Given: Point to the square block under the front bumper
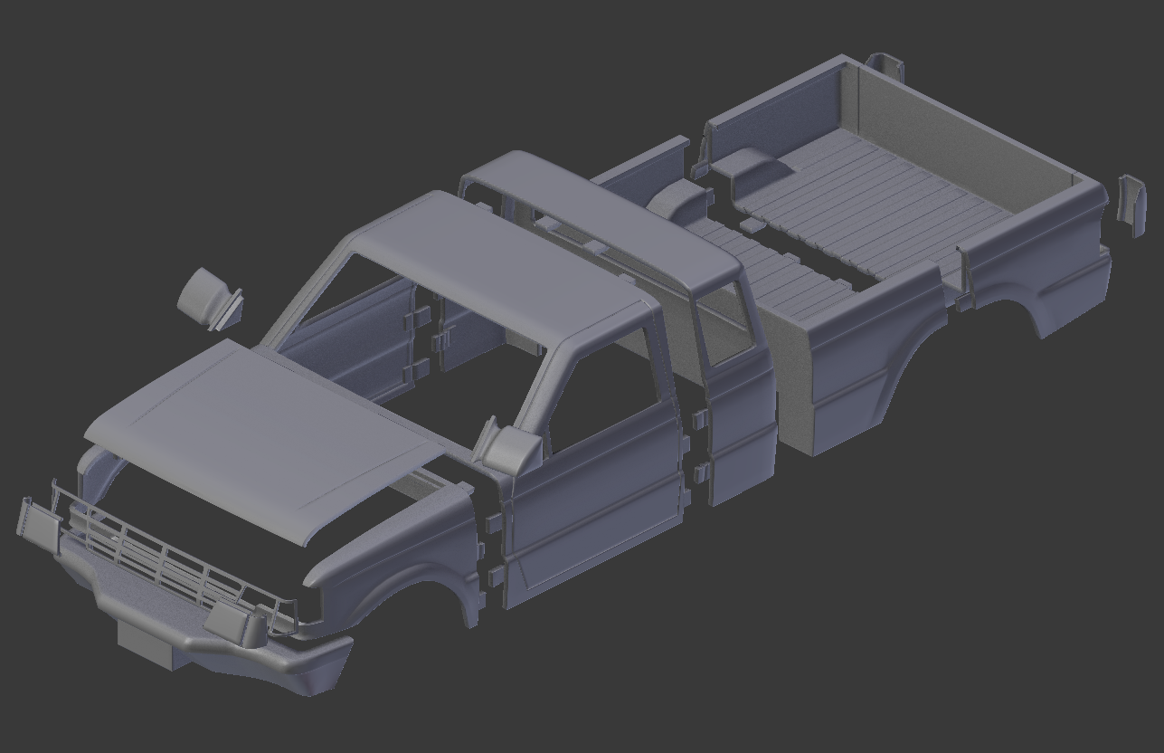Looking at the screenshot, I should (x=149, y=644).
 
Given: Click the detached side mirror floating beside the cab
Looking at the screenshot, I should (x=208, y=296).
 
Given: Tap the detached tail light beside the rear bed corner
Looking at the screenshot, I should (x=1131, y=204).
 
